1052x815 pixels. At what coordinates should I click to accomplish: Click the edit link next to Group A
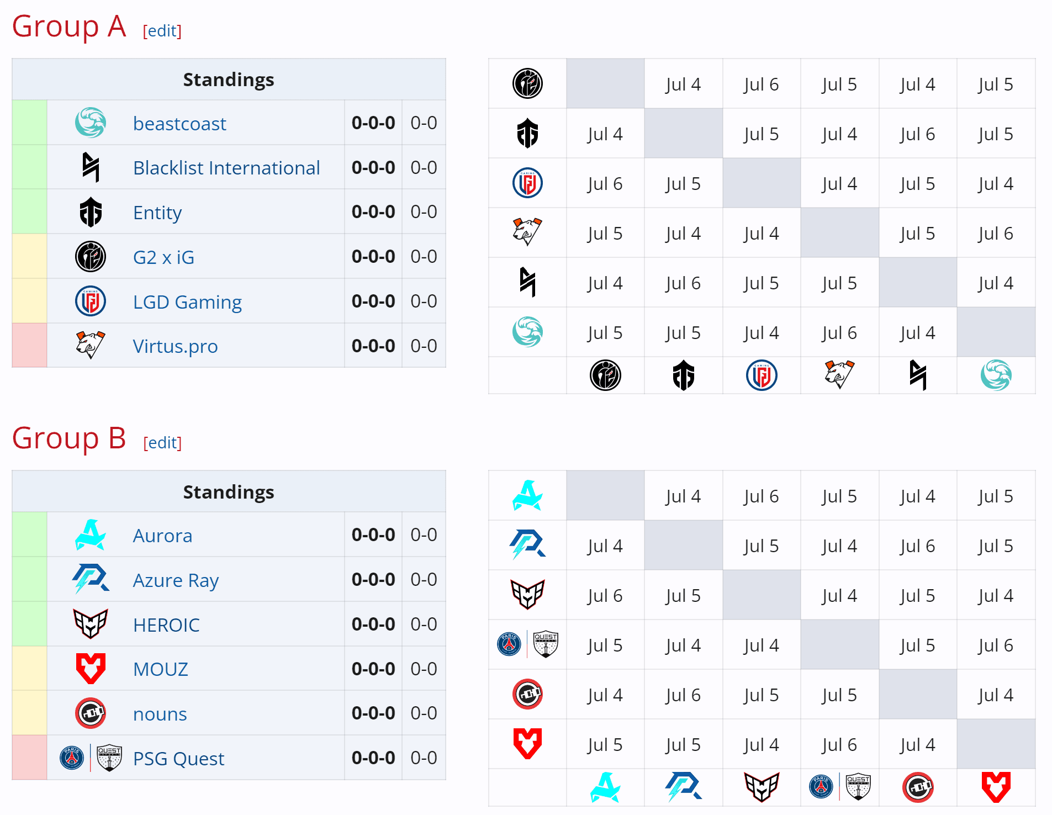tap(162, 31)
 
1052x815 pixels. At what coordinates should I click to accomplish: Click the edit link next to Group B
tap(162, 443)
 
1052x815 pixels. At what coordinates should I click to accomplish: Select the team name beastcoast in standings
tap(179, 124)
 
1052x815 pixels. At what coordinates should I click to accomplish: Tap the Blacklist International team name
tap(226, 168)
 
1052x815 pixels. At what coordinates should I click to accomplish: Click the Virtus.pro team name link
tap(175, 346)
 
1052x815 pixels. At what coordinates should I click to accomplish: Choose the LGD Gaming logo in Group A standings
tap(91, 301)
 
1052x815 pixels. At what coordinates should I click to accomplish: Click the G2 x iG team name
tap(163, 257)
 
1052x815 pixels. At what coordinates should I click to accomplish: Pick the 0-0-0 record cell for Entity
tap(373, 212)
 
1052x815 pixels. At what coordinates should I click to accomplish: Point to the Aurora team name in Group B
tap(162, 536)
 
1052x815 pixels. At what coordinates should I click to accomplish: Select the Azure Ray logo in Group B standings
tap(90, 579)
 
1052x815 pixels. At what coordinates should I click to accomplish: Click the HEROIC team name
tap(166, 625)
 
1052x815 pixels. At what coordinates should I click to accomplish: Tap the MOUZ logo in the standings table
tap(91, 668)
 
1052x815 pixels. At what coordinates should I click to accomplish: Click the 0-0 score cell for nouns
tap(424, 713)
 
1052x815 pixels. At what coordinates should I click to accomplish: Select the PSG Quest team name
tap(178, 759)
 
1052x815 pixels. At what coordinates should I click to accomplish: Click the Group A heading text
tap(69, 27)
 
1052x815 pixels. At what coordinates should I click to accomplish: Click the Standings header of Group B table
tap(229, 491)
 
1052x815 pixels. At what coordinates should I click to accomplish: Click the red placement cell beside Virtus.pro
tap(29, 346)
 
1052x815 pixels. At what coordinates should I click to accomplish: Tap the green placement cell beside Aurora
tap(29, 534)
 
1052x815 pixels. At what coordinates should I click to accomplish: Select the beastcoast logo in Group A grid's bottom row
tap(996, 375)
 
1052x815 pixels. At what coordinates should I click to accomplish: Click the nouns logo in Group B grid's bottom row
tap(917, 787)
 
